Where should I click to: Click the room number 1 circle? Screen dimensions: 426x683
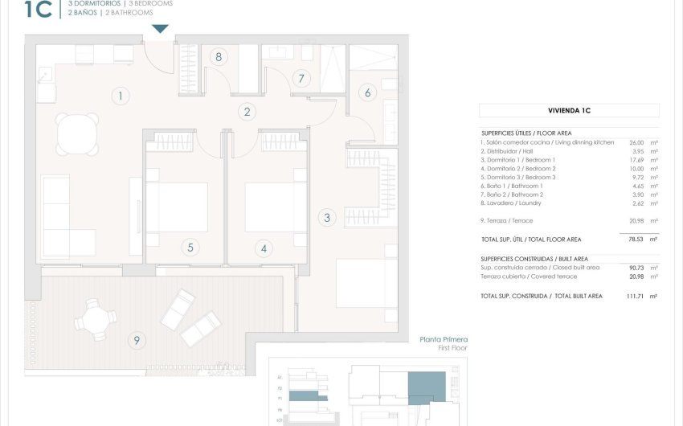click(x=120, y=96)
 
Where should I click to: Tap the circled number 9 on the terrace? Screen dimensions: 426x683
click(x=137, y=341)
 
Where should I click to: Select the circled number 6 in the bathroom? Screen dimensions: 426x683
click(x=368, y=92)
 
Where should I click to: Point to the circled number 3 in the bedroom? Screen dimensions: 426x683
click(x=326, y=217)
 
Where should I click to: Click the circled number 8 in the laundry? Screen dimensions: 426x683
click(x=218, y=56)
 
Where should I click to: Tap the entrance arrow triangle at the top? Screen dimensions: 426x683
click(x=161, y=30)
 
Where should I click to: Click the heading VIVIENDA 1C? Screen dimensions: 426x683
click(x=569, y=111)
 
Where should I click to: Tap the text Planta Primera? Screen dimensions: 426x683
click(x=444, y=340)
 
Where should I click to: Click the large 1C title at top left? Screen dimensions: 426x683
click(x=38, y=10)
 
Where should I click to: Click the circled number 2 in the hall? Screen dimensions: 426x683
click(x=247, y=113)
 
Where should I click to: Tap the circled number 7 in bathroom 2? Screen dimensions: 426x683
click(x=302, y=79)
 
